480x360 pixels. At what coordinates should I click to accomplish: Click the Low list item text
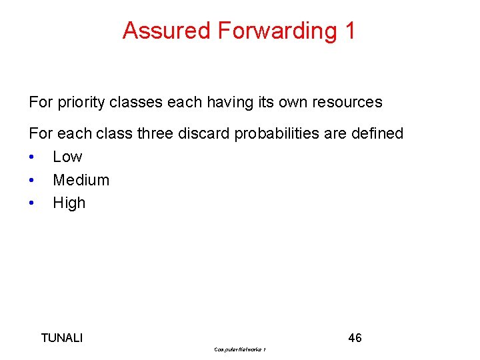pos(67,157)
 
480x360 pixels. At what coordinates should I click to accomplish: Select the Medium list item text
pos(81,180)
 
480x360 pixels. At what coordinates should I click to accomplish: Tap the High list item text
pos(69,203)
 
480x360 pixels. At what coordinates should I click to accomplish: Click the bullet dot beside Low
pos(32,157)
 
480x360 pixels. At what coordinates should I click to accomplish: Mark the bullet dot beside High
pos(32,203)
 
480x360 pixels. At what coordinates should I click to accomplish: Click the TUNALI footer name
pos(62,338)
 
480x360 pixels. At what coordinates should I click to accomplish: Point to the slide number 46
pos(355,338)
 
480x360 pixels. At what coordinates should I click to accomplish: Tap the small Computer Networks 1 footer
pos(240,349)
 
